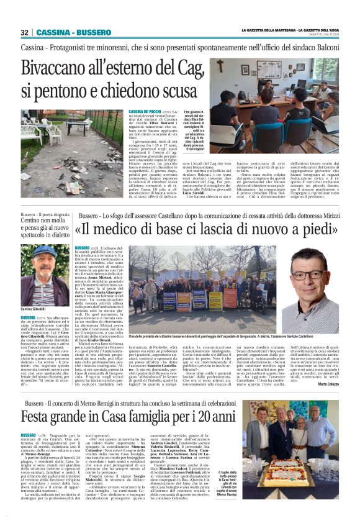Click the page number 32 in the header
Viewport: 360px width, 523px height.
click(24, 32)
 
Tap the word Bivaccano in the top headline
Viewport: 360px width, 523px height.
click(60, 68)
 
